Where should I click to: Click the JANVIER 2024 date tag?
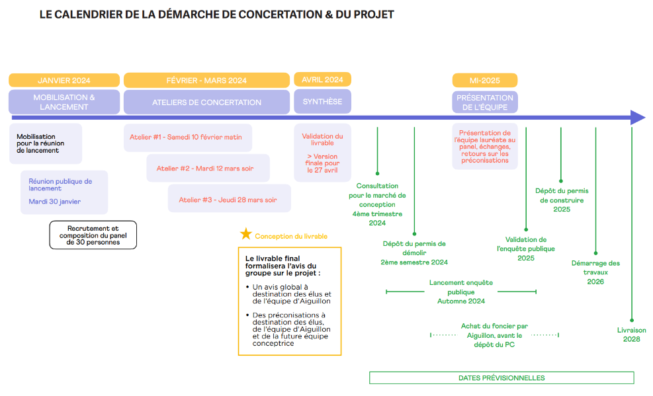64,80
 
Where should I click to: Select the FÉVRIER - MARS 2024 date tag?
206,80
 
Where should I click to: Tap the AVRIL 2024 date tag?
322,79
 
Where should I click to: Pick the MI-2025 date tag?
485,80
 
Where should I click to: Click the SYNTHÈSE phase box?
322,102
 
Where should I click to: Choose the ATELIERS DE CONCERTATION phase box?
206,102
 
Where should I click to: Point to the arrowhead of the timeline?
638,118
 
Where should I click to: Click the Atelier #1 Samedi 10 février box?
188,138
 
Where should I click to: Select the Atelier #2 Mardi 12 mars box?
208,169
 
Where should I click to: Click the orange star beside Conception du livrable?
245,234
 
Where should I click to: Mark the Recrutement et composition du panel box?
93,235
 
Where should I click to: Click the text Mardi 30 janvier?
54,202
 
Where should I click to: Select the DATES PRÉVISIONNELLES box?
501,377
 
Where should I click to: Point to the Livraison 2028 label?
631,335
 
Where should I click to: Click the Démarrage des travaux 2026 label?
595,272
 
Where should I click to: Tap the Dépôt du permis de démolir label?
414,253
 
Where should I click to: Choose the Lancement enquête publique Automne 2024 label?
461,292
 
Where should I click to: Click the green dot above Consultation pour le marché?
377,173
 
